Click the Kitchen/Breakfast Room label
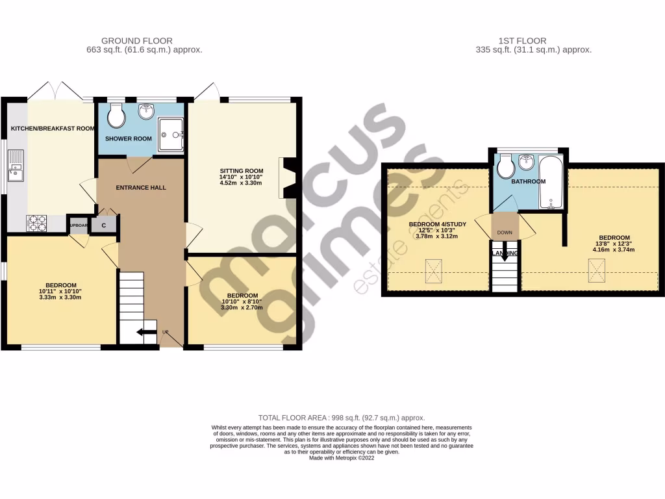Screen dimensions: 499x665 pos(53,129)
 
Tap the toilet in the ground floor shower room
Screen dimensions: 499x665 pos(117,118)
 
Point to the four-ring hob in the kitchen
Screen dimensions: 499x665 pos(36,223)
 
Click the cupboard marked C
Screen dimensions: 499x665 pos(103,225)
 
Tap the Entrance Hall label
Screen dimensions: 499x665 pos(141,188)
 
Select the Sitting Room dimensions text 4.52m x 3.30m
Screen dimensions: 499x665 pos(240,183)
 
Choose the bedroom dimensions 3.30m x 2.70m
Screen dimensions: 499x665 pos(241,307)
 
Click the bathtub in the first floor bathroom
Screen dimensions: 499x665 pos(552,182)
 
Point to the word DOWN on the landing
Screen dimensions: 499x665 pos(505,233)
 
